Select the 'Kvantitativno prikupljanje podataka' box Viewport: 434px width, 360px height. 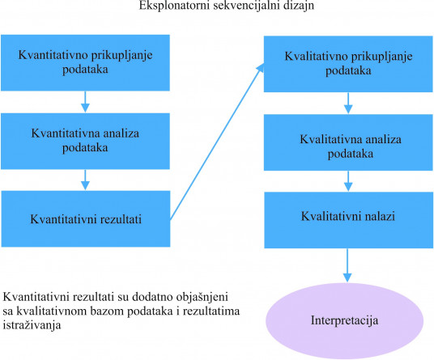(x=85, y=63)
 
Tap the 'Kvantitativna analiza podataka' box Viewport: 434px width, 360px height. (x=85, y=141)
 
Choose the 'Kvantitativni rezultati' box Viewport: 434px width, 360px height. (x=86, y=218)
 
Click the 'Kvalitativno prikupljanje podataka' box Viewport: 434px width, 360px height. (x=348, y=64)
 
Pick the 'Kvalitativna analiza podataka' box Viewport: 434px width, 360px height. (x=348, y=142)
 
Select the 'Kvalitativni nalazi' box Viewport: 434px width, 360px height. (x=348, y=220)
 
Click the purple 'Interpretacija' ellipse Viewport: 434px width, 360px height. (x=345, y=320)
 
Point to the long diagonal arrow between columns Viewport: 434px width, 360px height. (x=217, y=142)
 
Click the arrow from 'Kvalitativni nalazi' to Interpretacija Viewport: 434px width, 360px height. (x=347, y=265)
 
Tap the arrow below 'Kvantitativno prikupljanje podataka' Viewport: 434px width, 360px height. (x=85, y=102)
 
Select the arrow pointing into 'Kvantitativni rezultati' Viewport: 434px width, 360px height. (x=85, y=180)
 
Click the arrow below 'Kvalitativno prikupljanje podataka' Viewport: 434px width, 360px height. (x=348, y=103)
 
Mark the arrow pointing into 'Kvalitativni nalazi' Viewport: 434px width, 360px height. (x=348, y=181)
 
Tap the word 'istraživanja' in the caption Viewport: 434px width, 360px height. (x=32, y=325)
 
